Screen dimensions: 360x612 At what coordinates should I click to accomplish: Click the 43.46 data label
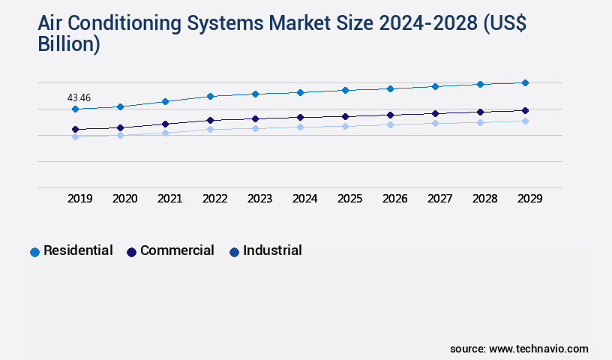point(79,97)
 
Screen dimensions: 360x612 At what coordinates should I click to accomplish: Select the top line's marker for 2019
point(75,109)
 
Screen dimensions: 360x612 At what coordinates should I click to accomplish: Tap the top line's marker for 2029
point(525,82)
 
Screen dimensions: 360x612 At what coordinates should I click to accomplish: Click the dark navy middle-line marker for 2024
point(300,117)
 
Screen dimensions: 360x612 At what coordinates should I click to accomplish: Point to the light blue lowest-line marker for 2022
point(210,129)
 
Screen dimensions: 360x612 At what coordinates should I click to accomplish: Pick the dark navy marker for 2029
point(525,110)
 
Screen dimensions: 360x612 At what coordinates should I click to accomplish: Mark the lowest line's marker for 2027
point(435,123)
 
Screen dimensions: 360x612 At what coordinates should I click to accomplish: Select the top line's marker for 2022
point(210,96)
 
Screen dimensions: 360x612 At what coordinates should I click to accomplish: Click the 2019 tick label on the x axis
point(80,199)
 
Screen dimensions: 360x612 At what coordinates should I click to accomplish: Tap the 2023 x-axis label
point(260,199)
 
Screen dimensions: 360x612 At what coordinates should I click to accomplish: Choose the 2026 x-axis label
point(395,199)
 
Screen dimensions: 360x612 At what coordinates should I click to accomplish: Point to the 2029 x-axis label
point(530,199)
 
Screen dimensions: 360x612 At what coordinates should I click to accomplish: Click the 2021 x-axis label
point(170,199)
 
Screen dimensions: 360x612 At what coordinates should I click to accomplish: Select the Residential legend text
point(78,250)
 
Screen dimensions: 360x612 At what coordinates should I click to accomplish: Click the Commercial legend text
point(177,250)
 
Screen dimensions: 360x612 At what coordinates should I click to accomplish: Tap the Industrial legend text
point(272,250)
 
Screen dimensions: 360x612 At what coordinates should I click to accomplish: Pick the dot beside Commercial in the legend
point(132,252)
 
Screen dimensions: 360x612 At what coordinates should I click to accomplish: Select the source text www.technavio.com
point(538,349)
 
